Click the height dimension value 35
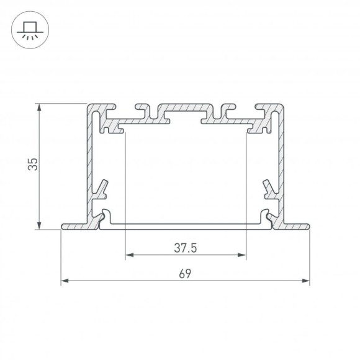[33, 164]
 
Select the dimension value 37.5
[185, 248]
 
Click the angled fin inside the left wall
[103, 187]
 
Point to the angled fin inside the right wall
[268, 187]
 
